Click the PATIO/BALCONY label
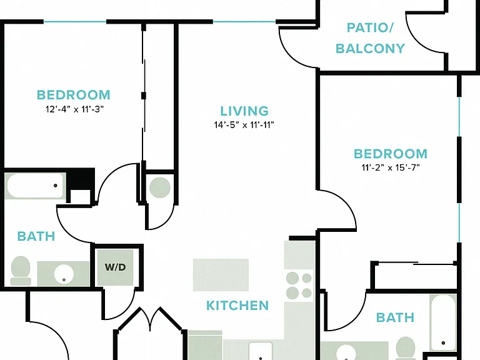370,38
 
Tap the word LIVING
244,111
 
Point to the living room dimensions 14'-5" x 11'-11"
244,125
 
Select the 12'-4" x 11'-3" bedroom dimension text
75,109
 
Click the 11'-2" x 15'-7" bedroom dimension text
390,167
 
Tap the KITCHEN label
237,306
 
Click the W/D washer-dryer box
116,267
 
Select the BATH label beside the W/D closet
36,236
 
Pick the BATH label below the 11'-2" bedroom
395,317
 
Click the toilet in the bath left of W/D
21,271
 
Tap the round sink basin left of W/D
64,274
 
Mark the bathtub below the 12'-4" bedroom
35,186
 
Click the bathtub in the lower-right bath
442,322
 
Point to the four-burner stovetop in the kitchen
299,285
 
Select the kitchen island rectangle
221,274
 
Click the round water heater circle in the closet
160,187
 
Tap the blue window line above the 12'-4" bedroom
75,22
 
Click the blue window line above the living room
244,22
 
